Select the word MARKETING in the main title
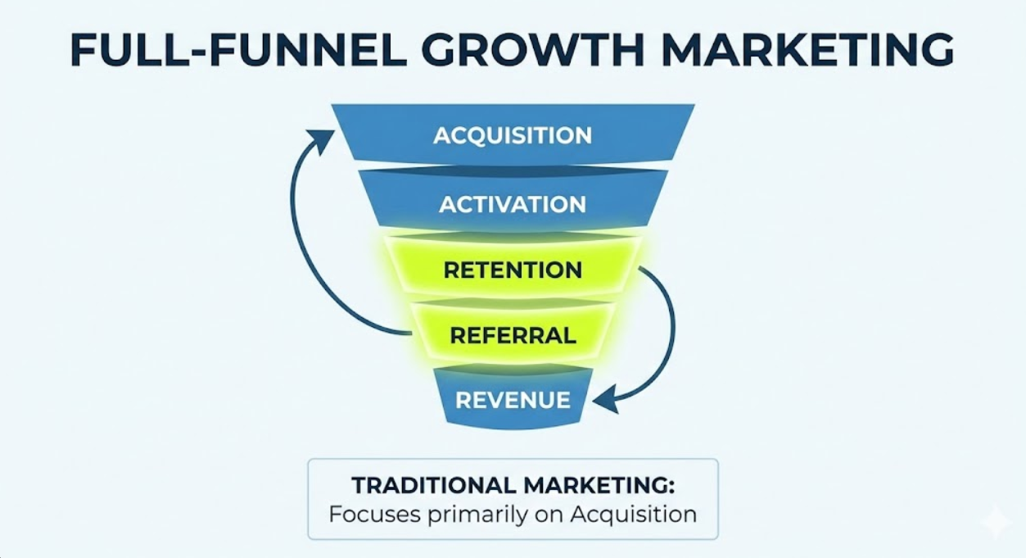[x=808, y=50]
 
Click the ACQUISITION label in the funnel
[x=513, y=135]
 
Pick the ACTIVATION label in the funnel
[x=513, y=204]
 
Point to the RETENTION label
[x=513, y=270]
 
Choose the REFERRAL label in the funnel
[x=513, y=335]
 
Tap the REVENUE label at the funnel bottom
[x=513, y=401]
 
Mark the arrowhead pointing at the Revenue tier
[x=604, y=401]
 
